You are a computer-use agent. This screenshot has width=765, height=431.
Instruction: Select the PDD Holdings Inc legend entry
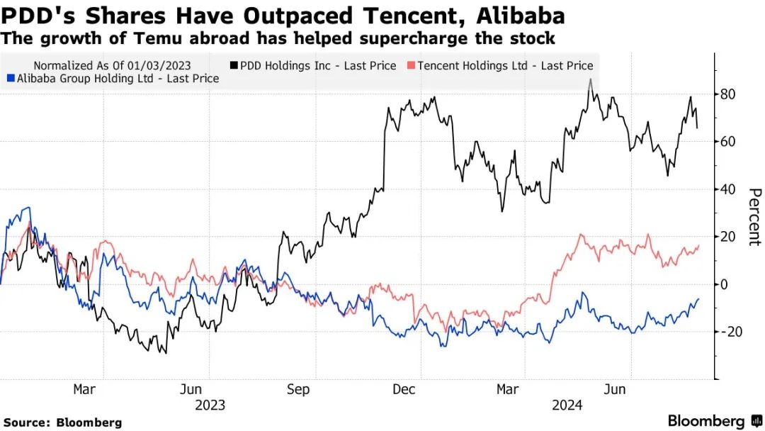318,66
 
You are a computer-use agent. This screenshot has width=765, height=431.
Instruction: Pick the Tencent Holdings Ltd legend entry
505,66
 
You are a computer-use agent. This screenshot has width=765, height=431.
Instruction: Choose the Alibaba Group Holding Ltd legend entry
117,79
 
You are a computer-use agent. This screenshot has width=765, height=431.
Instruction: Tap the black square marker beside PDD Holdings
234,66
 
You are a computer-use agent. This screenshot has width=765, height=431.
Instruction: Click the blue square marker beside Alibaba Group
9,79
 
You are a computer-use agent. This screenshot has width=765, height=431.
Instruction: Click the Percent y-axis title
754,217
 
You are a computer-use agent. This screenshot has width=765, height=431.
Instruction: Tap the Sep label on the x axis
298,389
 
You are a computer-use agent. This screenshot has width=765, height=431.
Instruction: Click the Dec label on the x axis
404,389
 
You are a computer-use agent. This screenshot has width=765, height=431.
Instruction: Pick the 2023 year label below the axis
210,405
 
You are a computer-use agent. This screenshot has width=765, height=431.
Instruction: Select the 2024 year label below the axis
567,405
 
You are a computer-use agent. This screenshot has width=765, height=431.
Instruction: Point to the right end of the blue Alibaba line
698,299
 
